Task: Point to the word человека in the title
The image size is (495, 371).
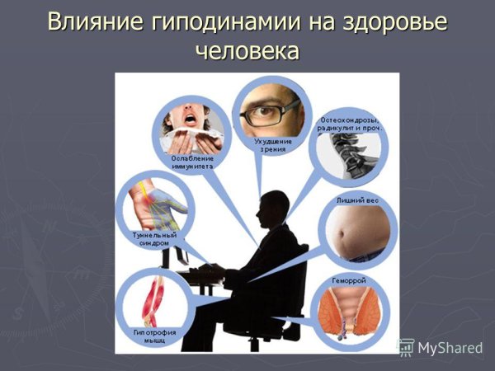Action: [x=247, y=51]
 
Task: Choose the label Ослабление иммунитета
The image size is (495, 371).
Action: [x=192, y=162]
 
